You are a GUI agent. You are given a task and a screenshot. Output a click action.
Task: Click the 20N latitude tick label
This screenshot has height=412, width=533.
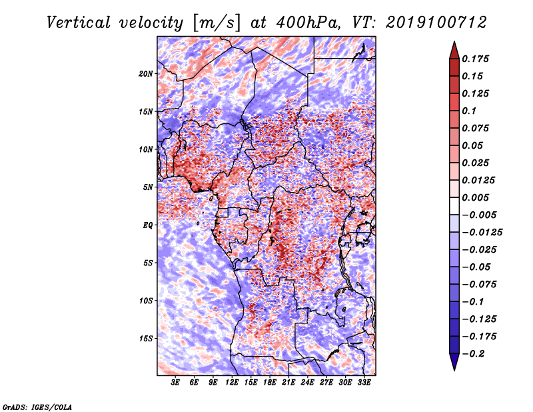pos(146,74)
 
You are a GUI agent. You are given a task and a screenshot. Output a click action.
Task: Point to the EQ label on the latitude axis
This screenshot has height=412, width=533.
pos(148,225)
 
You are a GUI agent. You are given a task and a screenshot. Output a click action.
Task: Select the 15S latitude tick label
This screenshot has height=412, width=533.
pos(146,339)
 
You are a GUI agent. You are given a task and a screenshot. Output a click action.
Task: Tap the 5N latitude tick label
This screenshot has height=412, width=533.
pos(148,187)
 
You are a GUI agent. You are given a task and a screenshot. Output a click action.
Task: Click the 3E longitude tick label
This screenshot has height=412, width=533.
pos(175,382)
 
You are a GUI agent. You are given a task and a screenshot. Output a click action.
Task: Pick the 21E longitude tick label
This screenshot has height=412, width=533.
pos(288,382)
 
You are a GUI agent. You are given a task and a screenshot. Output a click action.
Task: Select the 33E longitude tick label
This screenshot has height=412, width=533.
pos(364,382)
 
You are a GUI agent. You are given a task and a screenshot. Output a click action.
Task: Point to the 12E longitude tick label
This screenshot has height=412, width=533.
pos(232,382)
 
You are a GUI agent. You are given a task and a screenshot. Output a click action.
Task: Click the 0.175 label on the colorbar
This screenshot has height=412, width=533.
pos(475,59)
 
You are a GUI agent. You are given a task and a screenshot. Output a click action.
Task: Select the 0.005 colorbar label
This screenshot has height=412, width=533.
pos(475,197)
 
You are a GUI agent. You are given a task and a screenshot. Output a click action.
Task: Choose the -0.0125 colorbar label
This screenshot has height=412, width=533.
pos(482,233)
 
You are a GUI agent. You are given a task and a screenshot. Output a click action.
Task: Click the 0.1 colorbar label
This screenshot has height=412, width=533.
pos(469,111)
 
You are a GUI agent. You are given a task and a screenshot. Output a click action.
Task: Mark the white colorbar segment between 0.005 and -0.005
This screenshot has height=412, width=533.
pos(454,206)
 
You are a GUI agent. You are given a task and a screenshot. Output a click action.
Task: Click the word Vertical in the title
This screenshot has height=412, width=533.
pos(79,23)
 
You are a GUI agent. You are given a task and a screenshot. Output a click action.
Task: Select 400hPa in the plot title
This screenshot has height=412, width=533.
pos(308,23)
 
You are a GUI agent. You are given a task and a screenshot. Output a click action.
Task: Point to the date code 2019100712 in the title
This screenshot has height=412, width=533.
pos(436,23)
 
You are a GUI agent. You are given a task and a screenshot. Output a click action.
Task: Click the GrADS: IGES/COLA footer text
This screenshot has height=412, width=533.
pos(37,407)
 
